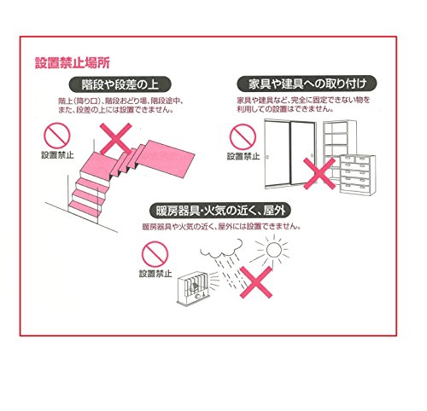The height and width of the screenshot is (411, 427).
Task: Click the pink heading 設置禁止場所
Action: (x=73, y=63)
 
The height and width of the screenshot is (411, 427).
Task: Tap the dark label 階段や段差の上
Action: (x=120, y=84)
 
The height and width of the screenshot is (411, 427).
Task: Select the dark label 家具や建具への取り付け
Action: (x=307, y=84)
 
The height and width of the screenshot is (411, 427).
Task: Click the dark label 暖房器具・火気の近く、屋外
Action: (x=220, y=211)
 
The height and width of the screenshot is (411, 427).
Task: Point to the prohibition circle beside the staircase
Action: (x=56, y=136)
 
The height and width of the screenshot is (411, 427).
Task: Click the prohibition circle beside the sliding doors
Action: (x=243, y=136)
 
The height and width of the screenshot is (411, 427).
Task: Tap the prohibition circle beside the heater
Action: (x=155, y=254)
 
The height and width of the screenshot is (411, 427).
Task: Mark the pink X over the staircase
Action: (x=116, y=139)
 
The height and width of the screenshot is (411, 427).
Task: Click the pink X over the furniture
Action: (x=319, y=174)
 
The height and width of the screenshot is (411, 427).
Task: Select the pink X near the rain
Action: (x=256, y=282)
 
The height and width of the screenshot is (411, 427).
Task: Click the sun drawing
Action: (x=273, y=250)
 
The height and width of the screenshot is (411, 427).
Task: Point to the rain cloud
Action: (x=221, y=248)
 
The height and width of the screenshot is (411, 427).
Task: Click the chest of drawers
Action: (x=358, y=175)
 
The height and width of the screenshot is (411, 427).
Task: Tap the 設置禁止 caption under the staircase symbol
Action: (x=57, y=155)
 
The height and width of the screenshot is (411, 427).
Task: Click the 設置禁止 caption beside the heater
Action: (x=155, y=274)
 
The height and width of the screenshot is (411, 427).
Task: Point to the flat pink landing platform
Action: (x=168, y=158)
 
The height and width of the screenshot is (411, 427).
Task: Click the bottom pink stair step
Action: (x=85, y=210)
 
